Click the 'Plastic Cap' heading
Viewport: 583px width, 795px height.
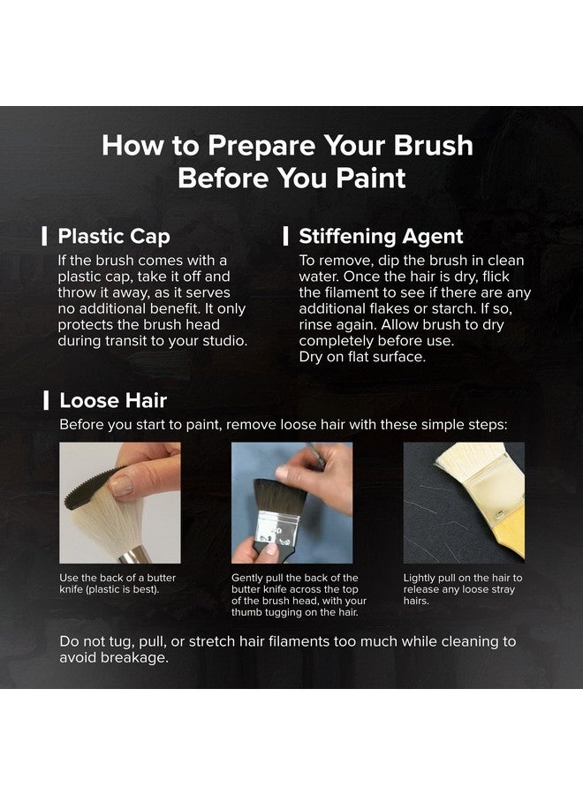(114, 236)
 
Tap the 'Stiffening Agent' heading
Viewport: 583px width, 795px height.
(381, 236)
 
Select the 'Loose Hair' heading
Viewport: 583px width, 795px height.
(113, 400)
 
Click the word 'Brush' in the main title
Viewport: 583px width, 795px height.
(434, 145)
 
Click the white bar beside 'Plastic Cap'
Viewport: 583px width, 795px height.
(45, 236)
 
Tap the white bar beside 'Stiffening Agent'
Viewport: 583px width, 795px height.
(286, 236)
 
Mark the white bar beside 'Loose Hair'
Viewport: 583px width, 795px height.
(46, 400)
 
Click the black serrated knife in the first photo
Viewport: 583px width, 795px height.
(88, 488)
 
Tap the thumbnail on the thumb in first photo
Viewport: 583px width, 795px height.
(121, 486)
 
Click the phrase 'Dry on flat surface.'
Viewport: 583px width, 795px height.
(362, 357)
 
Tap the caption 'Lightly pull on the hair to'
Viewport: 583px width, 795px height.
(462, 578)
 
